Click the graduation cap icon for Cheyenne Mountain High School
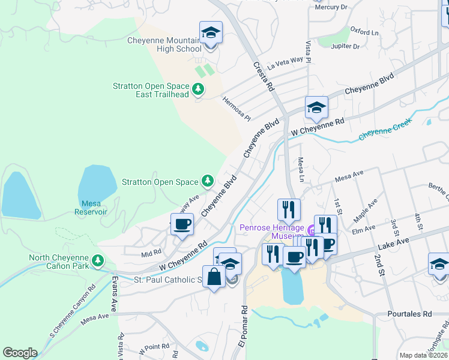click(x=211, y=32)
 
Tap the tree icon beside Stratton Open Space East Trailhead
click(x=199, y=90)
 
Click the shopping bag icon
click(x=214, y=277)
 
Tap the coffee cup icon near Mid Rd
click(x=182, y=224)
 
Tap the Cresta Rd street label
click(x=264, y=76)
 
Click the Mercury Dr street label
click(x=331, y=7)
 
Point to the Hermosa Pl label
click(x=236, y=109)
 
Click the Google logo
click(x=20, y=353)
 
